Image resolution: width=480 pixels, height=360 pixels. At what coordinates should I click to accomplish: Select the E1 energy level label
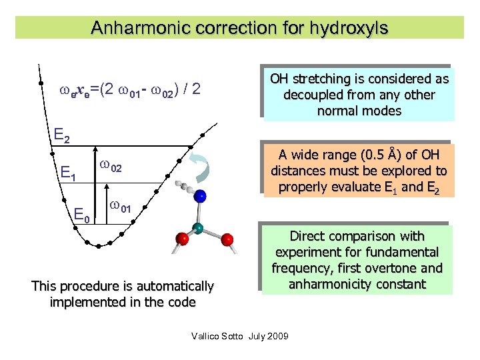tap(68, 175)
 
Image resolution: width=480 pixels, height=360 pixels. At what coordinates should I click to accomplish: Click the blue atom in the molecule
tap(200, 196)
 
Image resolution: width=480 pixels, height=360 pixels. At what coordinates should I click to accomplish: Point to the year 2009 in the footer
tap(277, 335)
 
